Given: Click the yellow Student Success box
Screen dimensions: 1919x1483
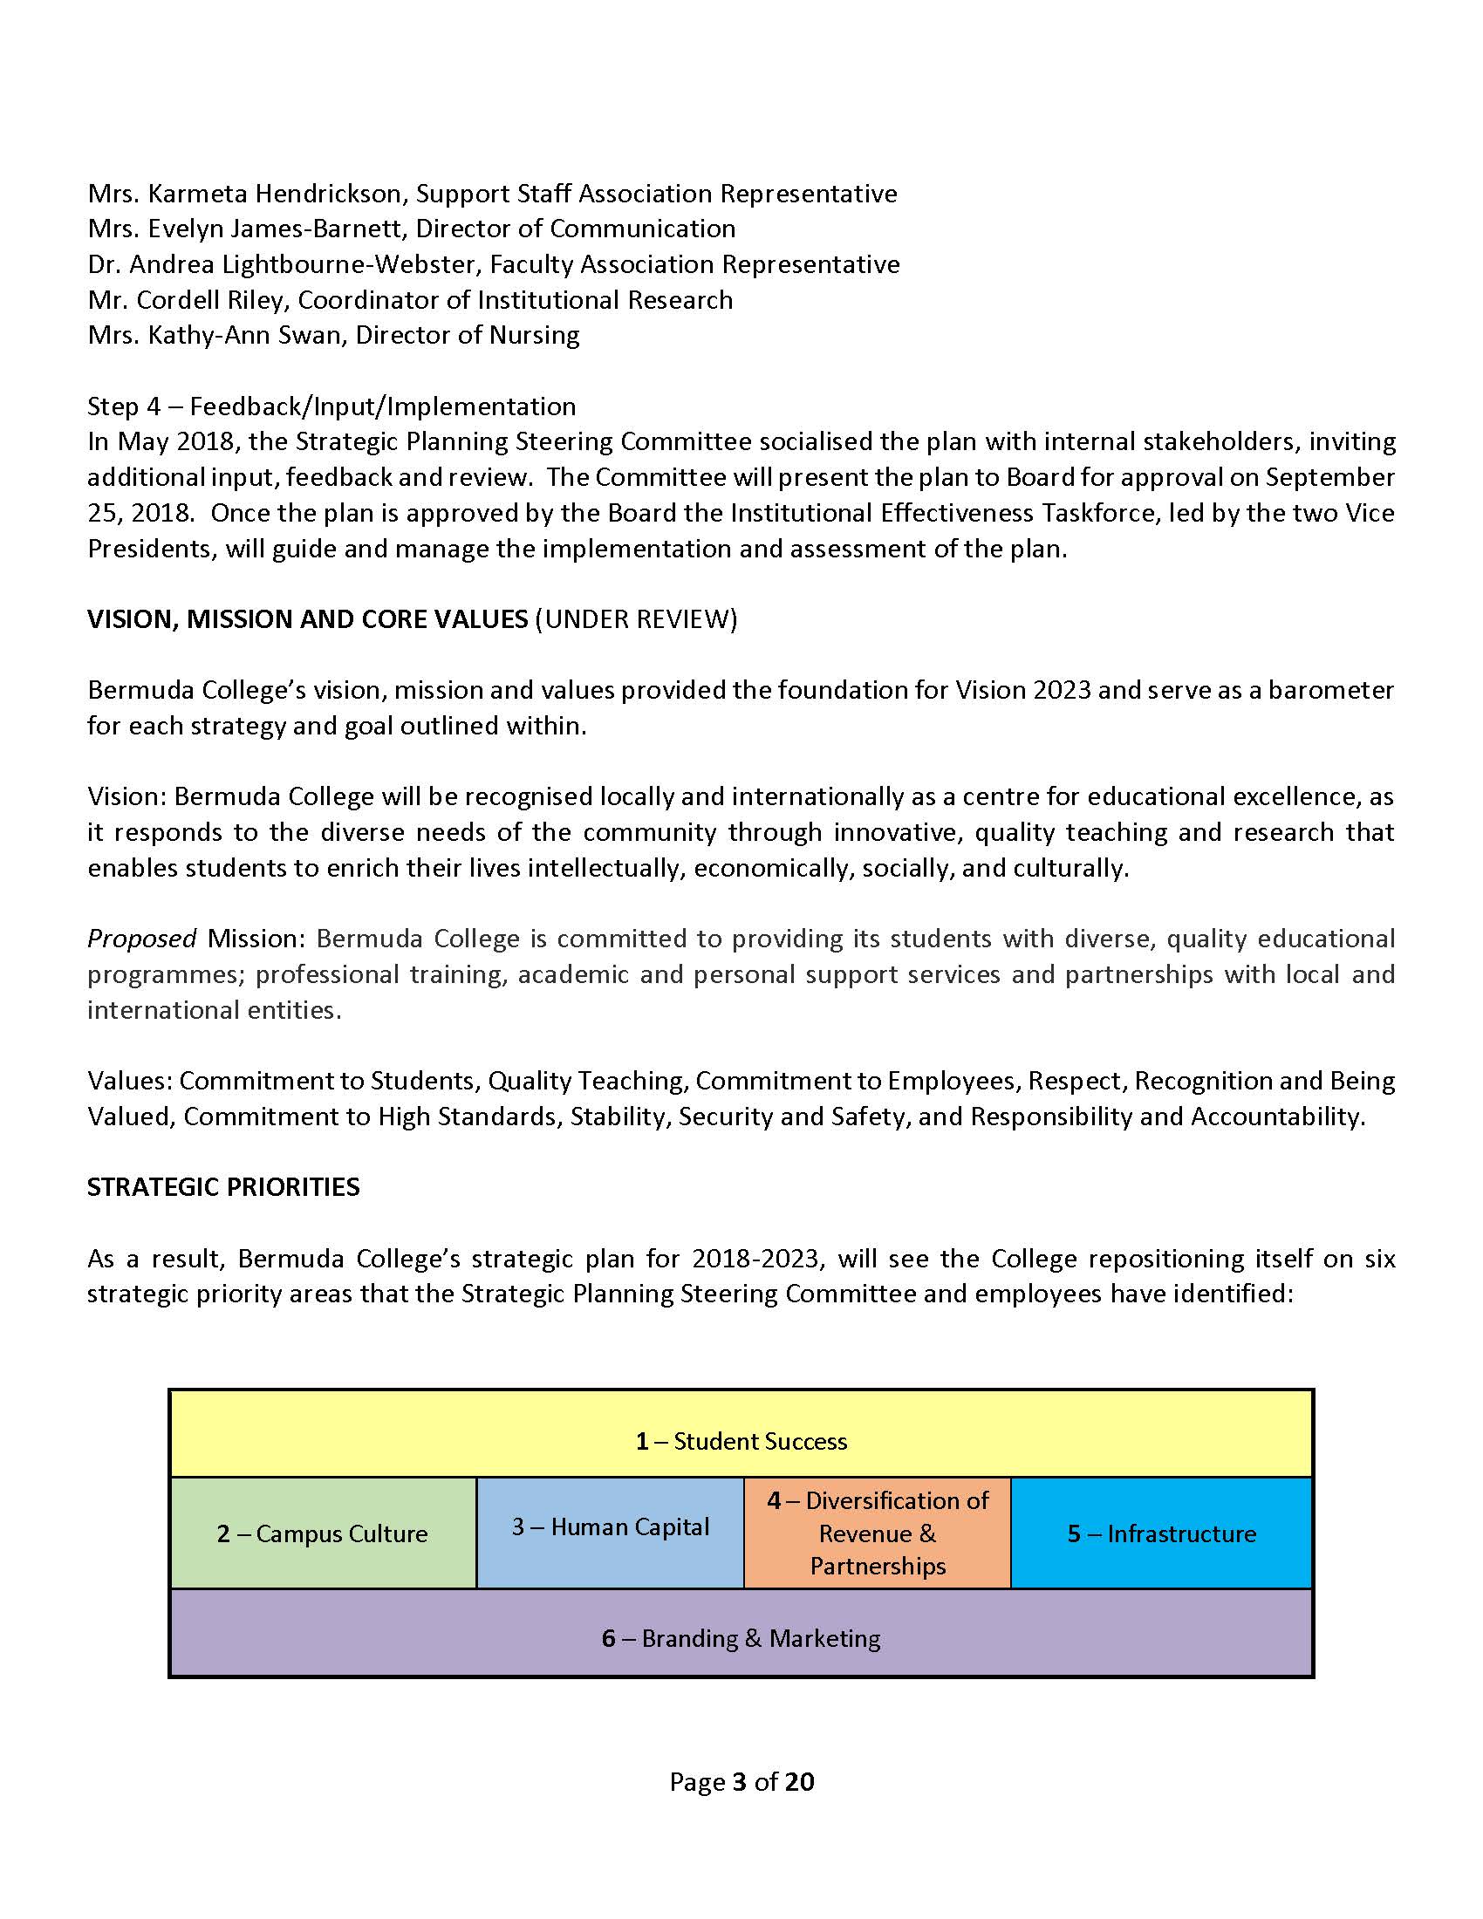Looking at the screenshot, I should click(741, 1441).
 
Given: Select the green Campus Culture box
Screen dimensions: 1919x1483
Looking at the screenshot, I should click(323, 1533).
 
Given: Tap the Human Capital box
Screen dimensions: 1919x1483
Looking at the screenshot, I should click(610, 1527).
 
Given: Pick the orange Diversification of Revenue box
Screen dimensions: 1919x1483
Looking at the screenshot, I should click(877, 1533).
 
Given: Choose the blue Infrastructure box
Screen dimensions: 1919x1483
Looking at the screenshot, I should click(1160, 1533).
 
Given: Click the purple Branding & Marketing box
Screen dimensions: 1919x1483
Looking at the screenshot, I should click(741, 1638).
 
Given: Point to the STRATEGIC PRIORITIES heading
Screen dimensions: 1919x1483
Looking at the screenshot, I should click(223, 1187).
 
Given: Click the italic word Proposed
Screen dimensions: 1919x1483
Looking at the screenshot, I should click(141, 939).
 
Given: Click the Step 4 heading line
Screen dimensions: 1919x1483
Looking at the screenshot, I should click(331, 406).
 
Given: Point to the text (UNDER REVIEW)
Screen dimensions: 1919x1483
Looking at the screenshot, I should click(636, 619).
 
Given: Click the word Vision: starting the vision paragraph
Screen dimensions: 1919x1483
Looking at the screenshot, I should click(126, 797).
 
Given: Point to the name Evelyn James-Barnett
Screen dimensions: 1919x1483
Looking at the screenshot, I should click(275, 229).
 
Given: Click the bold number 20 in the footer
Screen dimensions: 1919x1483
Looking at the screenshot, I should click(799, 1781).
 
